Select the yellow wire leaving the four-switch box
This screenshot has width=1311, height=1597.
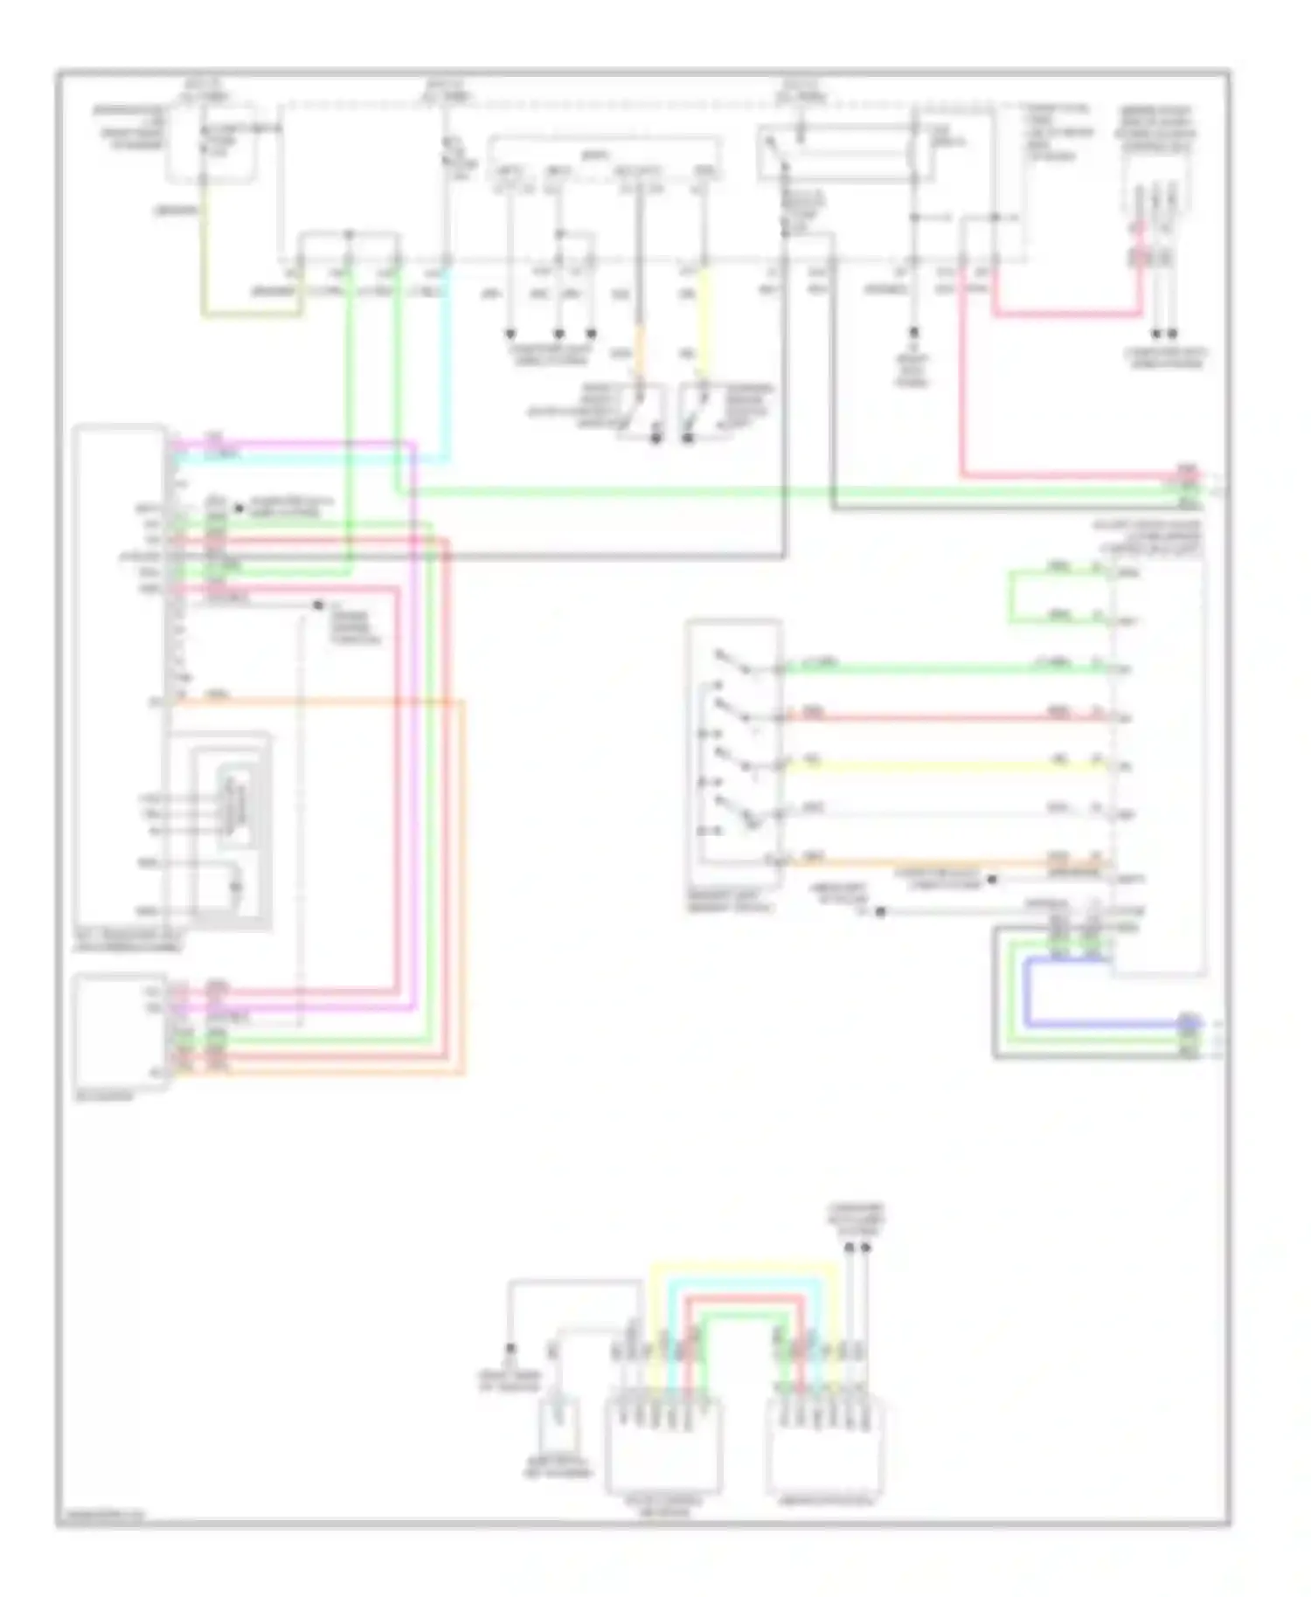pos(944,766)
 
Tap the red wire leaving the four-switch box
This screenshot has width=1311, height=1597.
pos(944,718)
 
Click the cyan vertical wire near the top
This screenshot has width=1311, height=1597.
pos(449,367)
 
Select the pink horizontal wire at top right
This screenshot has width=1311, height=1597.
pos(1066,313)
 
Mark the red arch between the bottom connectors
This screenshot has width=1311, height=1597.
pos(743,1298)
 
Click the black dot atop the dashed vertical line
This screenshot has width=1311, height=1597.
pos(318,605)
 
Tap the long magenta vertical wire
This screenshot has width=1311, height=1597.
pos(413,725)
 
